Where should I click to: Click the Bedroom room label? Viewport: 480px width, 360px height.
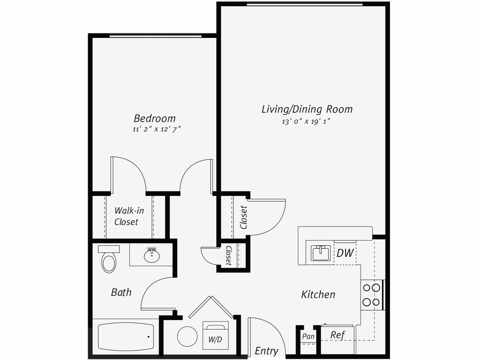pos(154,118)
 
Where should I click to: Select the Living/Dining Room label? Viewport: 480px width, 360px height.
pos(307,109)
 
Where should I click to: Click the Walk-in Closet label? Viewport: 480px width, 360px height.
pos(126,216)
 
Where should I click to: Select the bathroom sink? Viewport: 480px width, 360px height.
pos(151,255)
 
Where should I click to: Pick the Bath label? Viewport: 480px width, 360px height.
pos(121,293)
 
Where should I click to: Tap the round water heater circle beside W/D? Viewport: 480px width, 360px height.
pos(187,337)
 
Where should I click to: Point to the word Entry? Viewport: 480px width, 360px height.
pos(267,351)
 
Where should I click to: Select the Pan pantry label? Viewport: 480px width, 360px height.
pos(308,337)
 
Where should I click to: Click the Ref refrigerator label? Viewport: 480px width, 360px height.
pos(337,335)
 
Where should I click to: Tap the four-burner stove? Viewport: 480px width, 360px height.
pos(371,295)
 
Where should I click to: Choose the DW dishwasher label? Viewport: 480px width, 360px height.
pos(345,253)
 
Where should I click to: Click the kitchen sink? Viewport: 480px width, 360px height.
pos(321,253)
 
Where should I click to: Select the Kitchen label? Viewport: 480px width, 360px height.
pos(318,294)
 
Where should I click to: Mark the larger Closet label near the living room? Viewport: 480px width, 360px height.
pos(244,218)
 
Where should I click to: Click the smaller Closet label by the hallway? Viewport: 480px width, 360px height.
pos(229,255)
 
